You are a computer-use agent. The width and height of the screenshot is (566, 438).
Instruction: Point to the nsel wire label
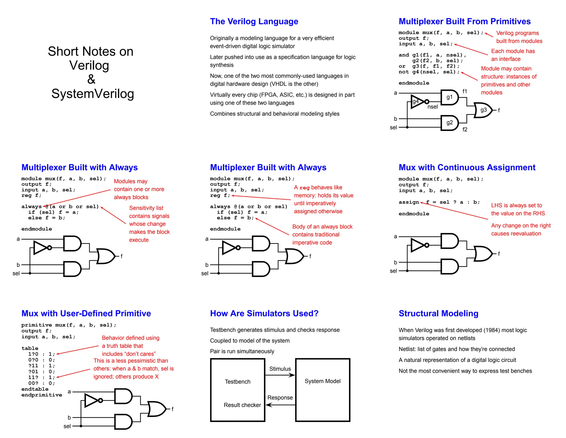[x=433, y=107]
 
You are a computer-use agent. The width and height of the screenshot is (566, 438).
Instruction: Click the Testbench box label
[x=237, y=382]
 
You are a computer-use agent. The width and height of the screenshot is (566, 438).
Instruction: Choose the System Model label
[x=323, y=381]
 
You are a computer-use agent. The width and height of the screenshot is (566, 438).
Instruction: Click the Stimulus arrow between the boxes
[x=280, y=375]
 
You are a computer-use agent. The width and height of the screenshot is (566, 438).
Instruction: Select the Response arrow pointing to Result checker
[x=280, y=405]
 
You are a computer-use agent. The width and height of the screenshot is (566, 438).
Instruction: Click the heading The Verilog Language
[x=254, y=21]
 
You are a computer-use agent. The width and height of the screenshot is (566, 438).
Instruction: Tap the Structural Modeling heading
[x=438, y=313]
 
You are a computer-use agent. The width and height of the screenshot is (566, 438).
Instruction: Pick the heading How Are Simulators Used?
[x=264, y=313]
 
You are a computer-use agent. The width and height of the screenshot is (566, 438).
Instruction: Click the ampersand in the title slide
[x=91, y=79]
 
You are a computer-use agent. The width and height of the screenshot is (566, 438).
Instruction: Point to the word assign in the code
[x=409, y=202]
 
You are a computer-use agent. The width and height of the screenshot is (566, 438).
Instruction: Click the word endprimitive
[x=42, y=395]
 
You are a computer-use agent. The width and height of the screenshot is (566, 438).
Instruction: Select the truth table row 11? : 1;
[x=41, y=377]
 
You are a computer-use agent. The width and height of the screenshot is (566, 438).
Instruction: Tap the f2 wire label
[x=465, y=129]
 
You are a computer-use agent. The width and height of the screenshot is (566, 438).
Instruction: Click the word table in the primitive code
[x=30, y=348]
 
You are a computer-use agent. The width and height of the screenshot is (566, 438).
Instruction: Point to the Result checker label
[x=242, y=405]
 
